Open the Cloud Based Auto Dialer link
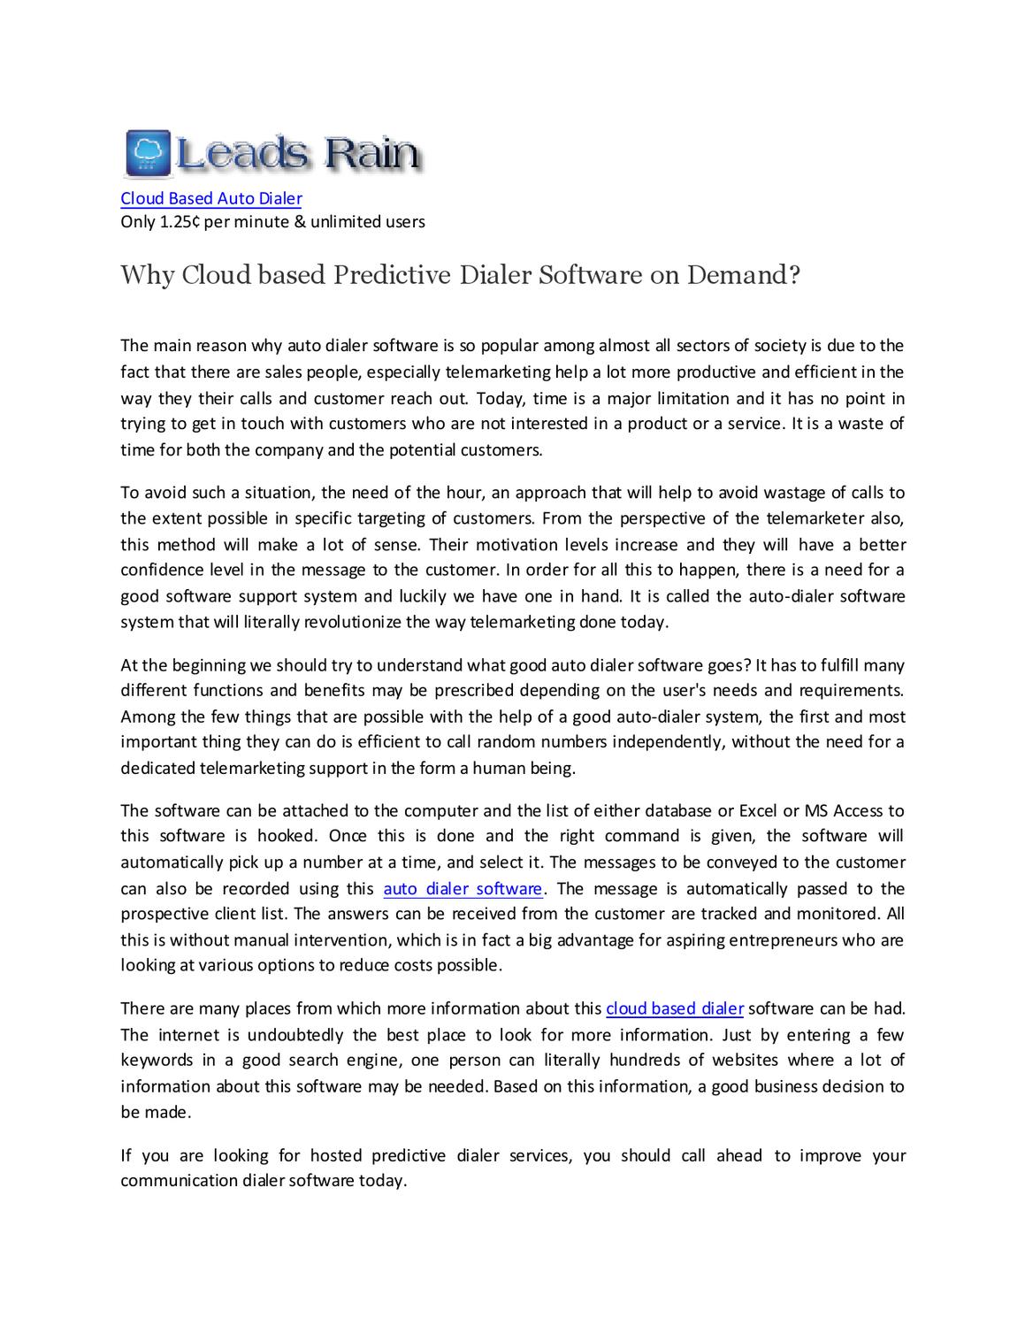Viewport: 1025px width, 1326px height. [210, 199]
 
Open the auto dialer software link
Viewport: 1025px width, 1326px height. [462, 888]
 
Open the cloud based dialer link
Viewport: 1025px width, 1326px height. [674, 1008]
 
